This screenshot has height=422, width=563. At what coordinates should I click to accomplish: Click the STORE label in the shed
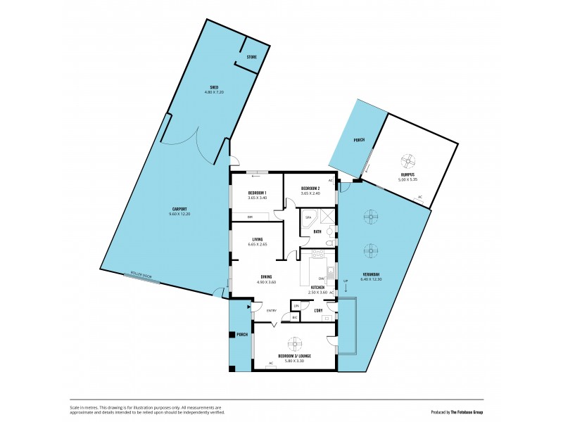click(252, 57)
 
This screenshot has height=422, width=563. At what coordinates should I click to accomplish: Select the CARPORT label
click(177, 209)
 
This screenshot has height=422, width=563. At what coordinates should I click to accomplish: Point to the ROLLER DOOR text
click(141, 276)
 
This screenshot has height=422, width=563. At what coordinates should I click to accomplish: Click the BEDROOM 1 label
click(257, 193)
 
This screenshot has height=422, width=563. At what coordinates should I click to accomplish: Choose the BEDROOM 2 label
click(310, 188)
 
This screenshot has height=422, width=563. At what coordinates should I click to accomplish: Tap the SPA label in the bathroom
click(308, 218)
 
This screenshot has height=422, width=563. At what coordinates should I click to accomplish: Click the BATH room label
click(317, 231)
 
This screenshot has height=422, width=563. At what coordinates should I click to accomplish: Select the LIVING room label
click(257, 240)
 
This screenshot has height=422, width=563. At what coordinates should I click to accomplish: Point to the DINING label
click(267, 277)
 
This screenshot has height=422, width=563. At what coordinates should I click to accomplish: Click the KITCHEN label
click(318, 288)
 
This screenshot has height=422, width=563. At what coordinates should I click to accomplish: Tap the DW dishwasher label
click(320, 279)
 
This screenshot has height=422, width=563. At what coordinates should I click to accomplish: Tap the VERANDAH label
click(370, 274)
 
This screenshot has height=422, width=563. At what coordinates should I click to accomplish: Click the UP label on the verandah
click(345, 281)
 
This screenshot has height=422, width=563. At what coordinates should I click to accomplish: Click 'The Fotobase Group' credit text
click(473, 411)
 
